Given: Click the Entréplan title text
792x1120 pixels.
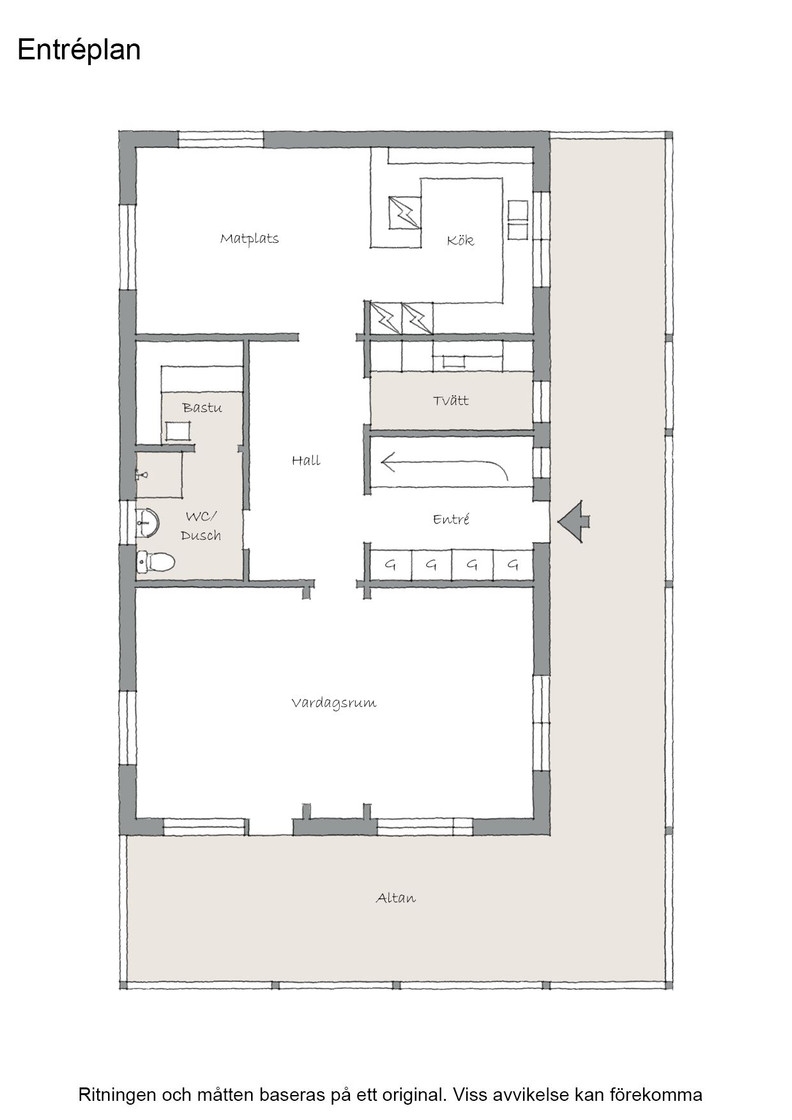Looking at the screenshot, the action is click(x=79, y=50).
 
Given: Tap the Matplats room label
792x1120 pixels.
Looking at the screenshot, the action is click(x=249, y=239).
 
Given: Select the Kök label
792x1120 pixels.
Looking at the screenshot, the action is click(x=460, y=240).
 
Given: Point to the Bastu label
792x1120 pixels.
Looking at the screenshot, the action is click(x=202, y=407).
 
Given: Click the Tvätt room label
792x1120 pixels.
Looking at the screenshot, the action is click(x=451, y=400).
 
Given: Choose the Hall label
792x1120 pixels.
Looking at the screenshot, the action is click(x=306, y=460).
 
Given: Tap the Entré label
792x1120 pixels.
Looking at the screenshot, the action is click(x=451, y=519).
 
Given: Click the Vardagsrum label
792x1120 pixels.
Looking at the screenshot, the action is click(x=334, y=703).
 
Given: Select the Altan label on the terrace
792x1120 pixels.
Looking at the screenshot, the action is click(x=396, y=898).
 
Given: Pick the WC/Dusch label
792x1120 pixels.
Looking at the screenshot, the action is click(x=201, y=525).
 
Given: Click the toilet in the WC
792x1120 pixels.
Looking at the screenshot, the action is click(x=156, y=562).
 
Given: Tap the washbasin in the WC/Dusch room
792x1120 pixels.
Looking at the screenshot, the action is click(x=147, y=523).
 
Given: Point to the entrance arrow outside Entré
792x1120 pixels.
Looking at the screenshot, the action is click(x=574, y=521).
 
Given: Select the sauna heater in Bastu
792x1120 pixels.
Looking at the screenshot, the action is click(x=178, y=432).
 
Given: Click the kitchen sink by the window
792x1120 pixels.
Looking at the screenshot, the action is click(x=518, y=220).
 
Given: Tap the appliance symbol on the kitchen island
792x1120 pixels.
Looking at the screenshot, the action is click(x=405, y=212).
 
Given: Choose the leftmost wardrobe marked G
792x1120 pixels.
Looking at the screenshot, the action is click(x=390, y=564).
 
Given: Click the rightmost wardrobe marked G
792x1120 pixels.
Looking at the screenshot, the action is click(x=513, y=564).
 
